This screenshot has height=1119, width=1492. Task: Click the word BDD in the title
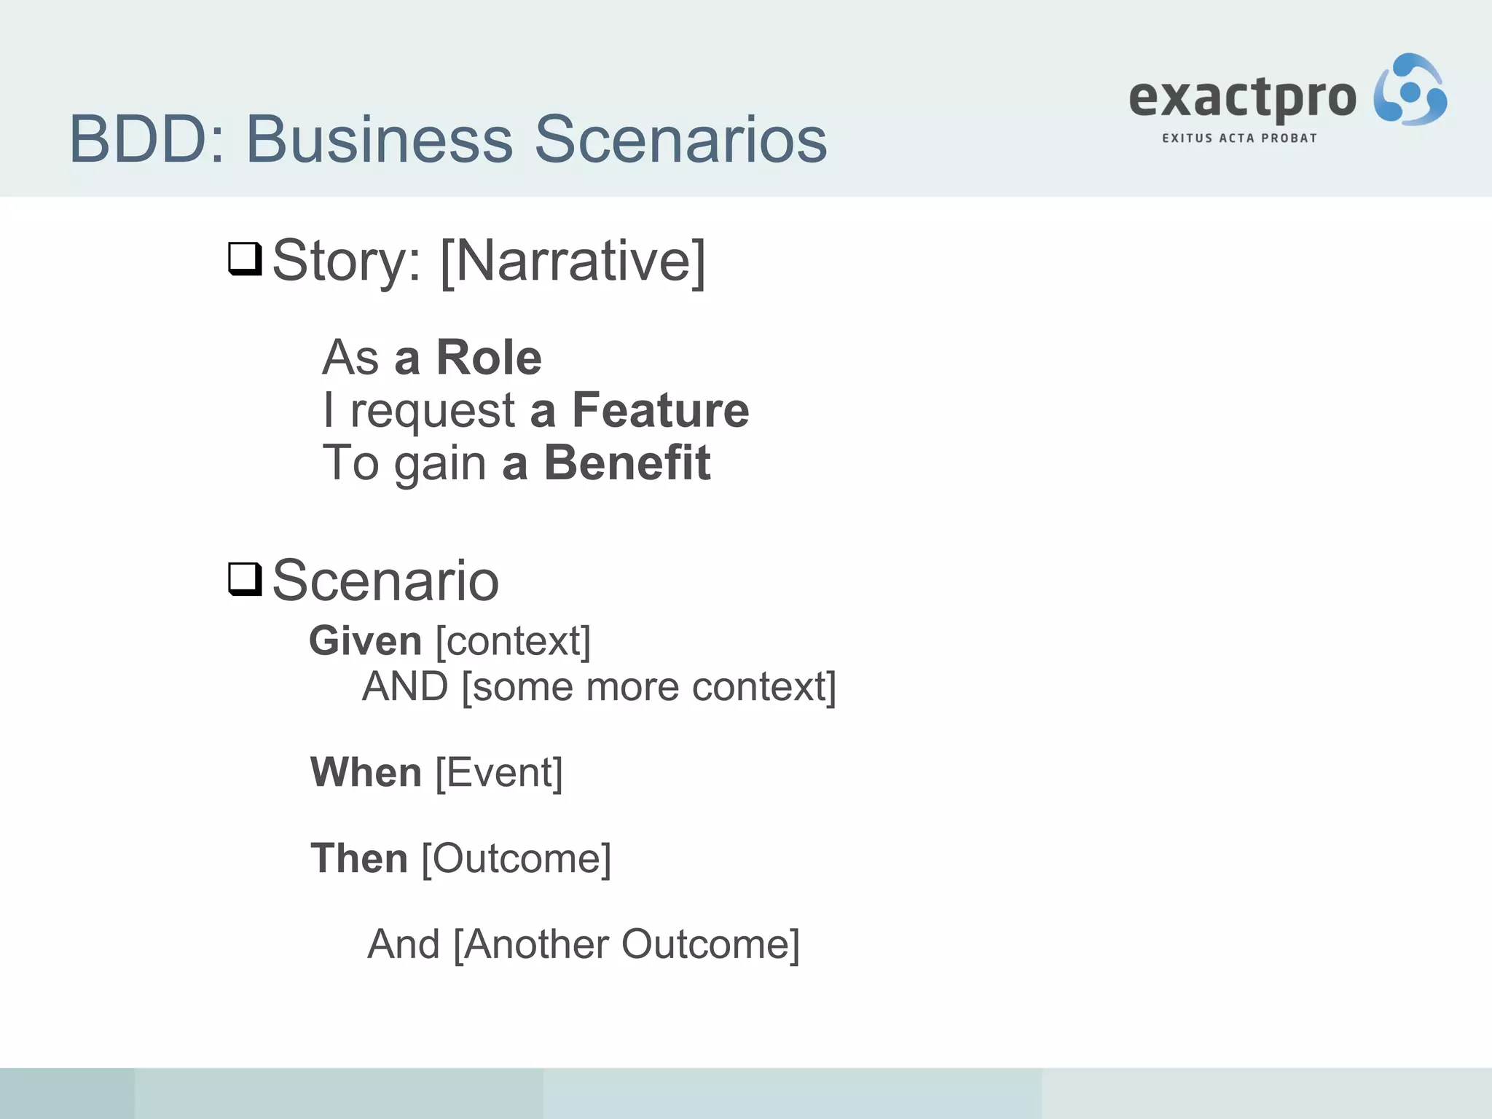coord(138,139)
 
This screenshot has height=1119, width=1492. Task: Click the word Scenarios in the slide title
coord(680,139)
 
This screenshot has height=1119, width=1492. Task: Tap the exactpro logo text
coord(1242,98)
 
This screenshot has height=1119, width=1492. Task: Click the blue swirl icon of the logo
coord(1410,90)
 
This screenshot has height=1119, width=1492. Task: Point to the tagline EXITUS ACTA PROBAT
coord(1239,138)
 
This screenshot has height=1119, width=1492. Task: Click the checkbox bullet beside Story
coord(245,259)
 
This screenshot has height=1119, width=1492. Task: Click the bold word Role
coord(488,358)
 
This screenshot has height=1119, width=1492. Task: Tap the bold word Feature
coord(660,410)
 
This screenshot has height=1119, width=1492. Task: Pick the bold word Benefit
coord(627,463)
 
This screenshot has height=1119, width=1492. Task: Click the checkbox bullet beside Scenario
coord(245,579)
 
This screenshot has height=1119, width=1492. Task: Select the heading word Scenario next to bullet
coord(385,581)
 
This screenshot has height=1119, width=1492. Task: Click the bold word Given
coord(366,641)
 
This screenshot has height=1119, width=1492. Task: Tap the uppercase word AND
coord(405,686)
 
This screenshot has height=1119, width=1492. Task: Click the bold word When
coord(366,772)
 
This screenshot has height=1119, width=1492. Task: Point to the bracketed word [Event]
coord(499,772)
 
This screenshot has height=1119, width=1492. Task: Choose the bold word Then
coord(358,858)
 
